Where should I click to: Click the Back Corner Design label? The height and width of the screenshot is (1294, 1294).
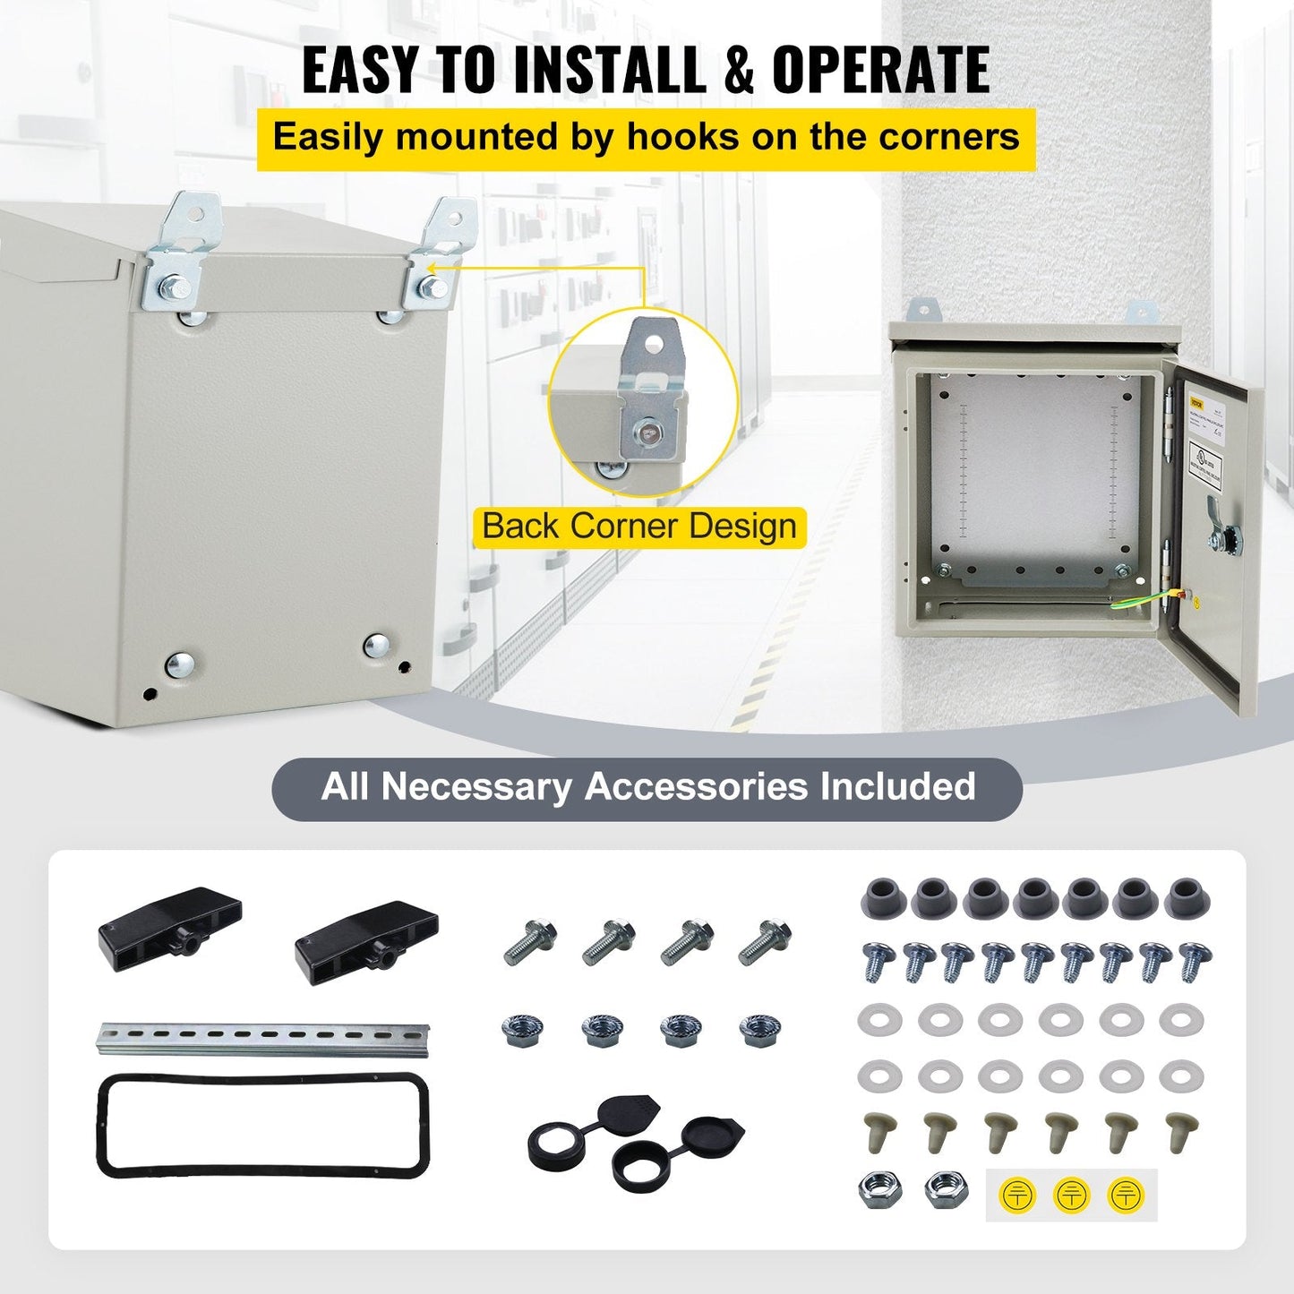[x=639, y=527]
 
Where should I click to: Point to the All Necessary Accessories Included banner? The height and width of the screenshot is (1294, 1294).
[x=647, y=787]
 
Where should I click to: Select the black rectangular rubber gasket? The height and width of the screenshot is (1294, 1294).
[x=262, y=1126]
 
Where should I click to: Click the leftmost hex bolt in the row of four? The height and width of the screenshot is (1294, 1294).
[x=531, y=942]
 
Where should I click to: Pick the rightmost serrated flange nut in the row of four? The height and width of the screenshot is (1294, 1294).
[x=759, y=1031]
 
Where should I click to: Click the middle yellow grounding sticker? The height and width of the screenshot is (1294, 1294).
[x=1071, y=1195]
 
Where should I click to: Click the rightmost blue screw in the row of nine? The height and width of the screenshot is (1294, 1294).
[x=1195, y=960]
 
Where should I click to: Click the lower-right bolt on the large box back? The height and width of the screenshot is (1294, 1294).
[x=376, y=645]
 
